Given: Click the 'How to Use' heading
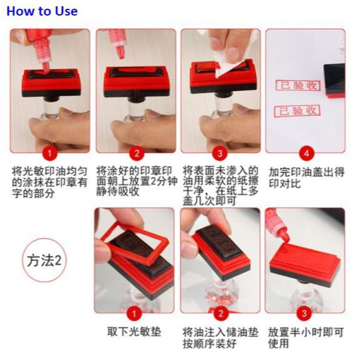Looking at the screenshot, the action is pos(42,11).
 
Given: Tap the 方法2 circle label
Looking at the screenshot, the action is pos(44,260).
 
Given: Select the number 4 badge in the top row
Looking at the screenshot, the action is pos(306,153).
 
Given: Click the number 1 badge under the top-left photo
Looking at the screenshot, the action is pos(49,153).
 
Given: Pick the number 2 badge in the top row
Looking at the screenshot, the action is pos(137,153).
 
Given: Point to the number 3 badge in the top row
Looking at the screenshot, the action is pos(220,153).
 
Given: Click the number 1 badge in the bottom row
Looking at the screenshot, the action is pos(134,314).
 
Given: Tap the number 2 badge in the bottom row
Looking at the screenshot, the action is pos(221,314).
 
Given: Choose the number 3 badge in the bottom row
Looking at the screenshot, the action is pos(304,314).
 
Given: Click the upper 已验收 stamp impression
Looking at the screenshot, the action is pos(298,85).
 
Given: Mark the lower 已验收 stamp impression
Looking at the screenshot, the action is pos(297,111).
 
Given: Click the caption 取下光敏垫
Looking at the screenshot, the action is pos(134,332).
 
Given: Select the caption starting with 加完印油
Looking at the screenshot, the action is pos(306,178).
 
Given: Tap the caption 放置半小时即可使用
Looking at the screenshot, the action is pos(306,338).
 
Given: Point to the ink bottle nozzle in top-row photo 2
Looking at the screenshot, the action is pos(120,52).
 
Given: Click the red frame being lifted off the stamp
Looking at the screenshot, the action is pos(135,244).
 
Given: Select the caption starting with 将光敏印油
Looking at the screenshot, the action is pos(49,183).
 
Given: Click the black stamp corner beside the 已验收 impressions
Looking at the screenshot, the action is pos(334,80).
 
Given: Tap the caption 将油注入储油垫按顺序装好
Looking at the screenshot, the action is pos(220,338).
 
